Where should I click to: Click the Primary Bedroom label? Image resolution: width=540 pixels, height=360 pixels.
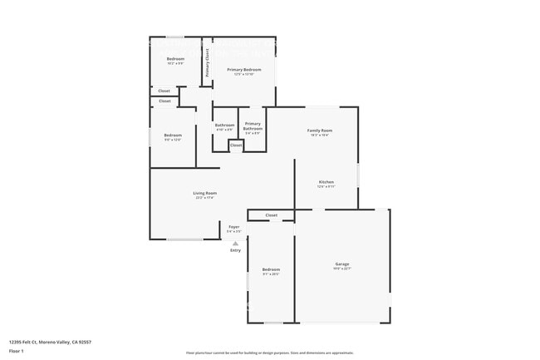pos(244,69)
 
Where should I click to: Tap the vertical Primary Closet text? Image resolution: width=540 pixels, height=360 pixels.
pos(208,63)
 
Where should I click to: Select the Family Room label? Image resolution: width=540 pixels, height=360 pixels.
pos(320,131)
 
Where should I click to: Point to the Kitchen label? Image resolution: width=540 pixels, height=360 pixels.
pos(326,182)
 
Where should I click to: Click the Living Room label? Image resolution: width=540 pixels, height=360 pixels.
pos(205,193)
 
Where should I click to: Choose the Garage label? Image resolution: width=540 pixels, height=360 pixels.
pos(342,264)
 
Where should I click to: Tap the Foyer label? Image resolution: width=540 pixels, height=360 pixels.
pos(234,226)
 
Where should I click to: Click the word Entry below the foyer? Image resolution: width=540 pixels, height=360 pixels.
pos(235,249)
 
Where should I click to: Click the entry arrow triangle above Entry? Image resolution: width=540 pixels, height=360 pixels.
pos(235,243)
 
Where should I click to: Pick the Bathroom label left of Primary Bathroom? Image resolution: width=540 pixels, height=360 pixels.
pos(224,126)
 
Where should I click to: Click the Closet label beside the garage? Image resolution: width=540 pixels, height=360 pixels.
pos(272,215)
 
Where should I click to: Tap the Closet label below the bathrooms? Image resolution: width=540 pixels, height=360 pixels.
pos(236,145)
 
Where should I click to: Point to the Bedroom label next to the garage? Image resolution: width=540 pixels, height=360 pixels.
pos(272,269)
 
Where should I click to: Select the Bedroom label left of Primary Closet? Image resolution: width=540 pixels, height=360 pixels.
pos(175,58)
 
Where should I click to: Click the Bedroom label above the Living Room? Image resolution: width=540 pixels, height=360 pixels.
pos(173,136)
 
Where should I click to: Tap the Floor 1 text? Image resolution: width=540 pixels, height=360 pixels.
pos(17,350)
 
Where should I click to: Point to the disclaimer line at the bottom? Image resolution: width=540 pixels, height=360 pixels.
pos(269,353)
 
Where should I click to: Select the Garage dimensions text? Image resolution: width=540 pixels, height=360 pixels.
pos(342,269)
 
